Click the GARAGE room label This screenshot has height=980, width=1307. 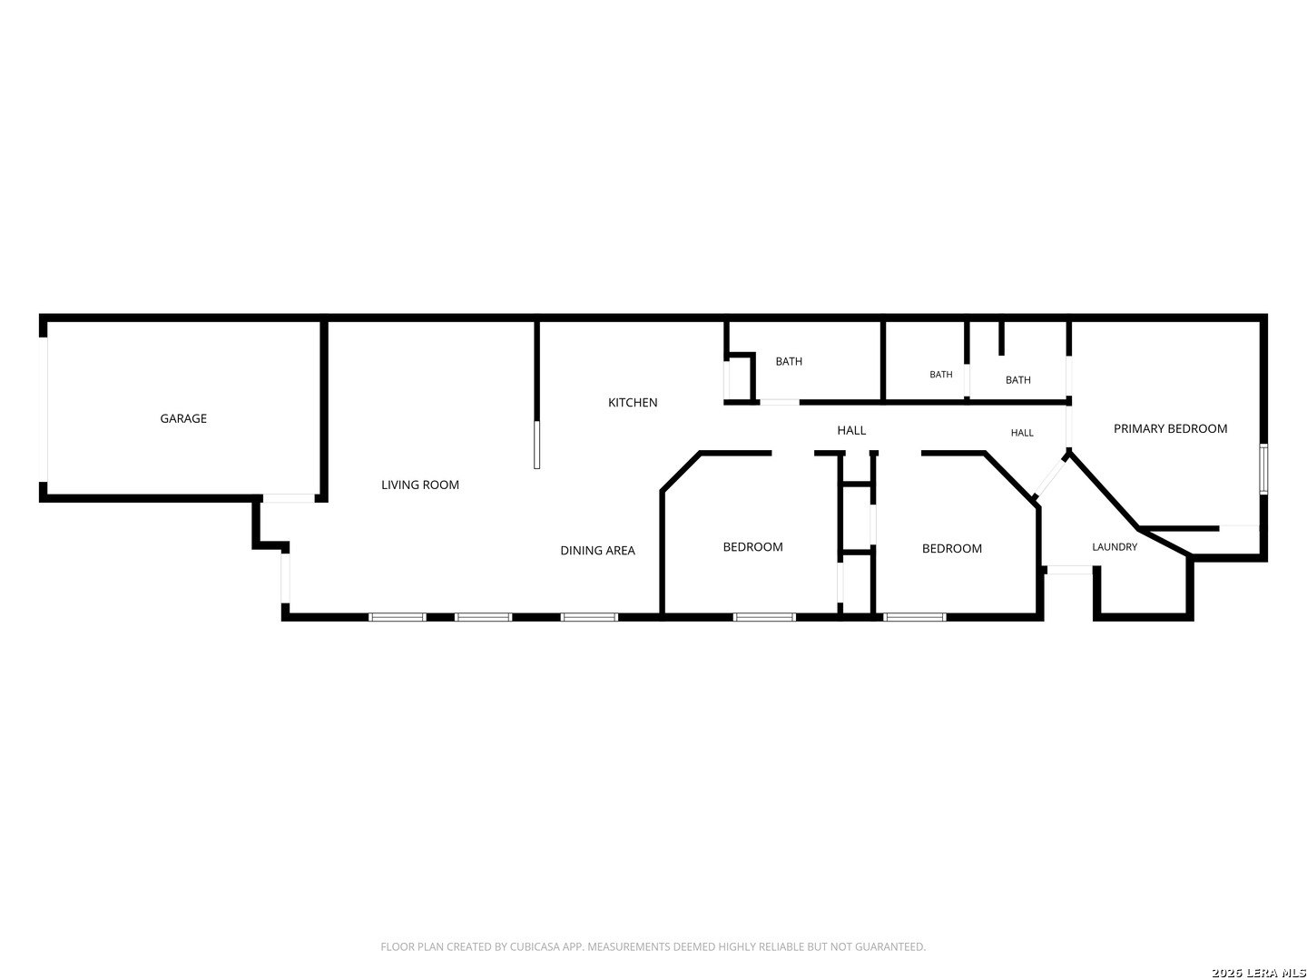coord(182,418)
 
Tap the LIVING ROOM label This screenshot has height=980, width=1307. coord(420,485)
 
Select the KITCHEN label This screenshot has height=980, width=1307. coord(633,402)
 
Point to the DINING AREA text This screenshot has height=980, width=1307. coord(597,551)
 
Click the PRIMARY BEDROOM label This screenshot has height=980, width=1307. coord(1169,428)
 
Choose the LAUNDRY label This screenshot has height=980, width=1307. coord(1114,547)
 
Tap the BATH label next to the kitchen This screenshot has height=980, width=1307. coord(789,361)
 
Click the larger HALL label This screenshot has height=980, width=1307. coord(850,430)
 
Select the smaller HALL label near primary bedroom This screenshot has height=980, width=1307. coord(1022,433)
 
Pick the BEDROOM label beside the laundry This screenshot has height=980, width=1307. coord(951,549)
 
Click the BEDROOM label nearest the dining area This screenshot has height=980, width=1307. coord(752,547)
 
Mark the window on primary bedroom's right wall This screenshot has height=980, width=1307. coord(1263,468)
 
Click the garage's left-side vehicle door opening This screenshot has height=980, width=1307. coord(43,408)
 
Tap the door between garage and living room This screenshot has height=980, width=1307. coord(289,498)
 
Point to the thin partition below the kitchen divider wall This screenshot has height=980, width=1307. coord(536,445)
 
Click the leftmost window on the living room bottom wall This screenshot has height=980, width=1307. coord(398,617)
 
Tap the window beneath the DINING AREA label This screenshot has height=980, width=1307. coord(589,617)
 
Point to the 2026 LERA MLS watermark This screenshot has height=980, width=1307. coord(1258,972)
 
